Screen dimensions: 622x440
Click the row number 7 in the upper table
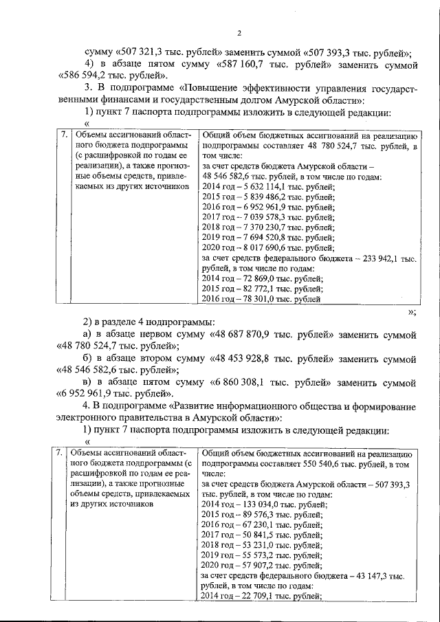pyautogui.click(x=63, y=135)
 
